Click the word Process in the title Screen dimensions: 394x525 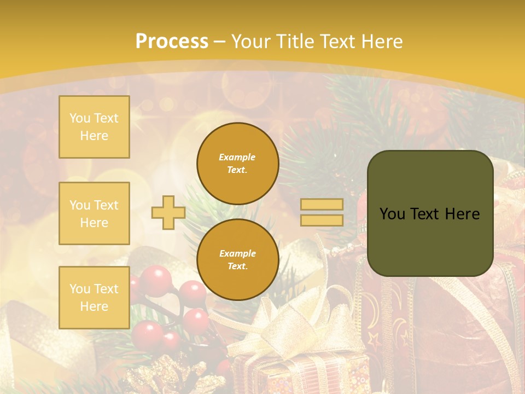(172, 42)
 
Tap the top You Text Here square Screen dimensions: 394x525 (94, 127)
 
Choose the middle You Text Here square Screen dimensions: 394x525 (94, 213)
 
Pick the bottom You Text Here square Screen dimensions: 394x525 (94, 298)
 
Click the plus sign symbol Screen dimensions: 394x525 (168, 212)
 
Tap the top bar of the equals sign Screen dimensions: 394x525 (322, 205)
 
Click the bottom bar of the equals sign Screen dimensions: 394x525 (322, 220)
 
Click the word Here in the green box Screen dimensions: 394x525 (463, 213)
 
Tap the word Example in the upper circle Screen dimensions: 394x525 (237, 157)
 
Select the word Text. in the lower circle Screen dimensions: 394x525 (237, 266)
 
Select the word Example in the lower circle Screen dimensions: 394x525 (237, 253)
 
